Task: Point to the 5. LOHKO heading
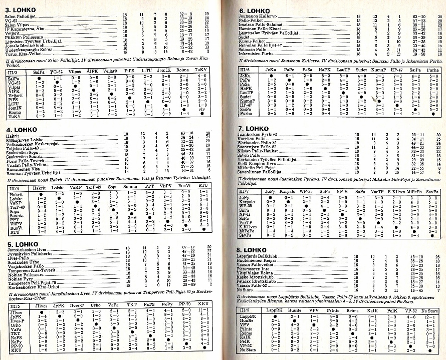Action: point(19,244)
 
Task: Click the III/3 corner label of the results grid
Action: point(14,72)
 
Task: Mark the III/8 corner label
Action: point(245,310)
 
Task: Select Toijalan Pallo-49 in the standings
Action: point(23,148)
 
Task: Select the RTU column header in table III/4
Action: point(203,187)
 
